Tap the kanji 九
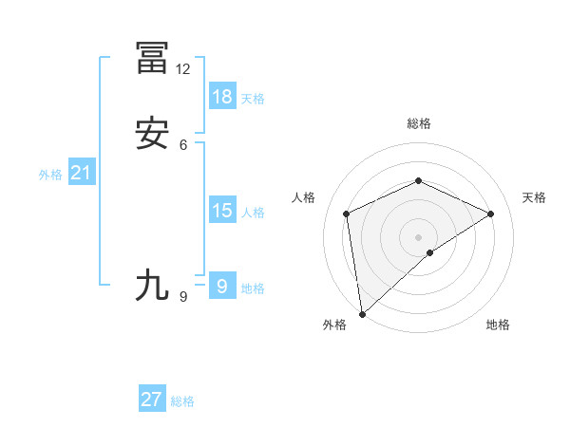tap(152, 285)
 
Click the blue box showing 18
tap(221, 96)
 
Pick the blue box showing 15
tap(221, 211)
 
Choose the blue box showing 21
tap(81, 173)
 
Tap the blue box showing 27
tap(152, 400)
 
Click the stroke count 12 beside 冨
tap(183, 69)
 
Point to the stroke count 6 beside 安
tap(183, 145)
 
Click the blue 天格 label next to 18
tap(253, 99)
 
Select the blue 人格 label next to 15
tap(253, 214)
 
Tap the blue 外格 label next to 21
tap(49, 176)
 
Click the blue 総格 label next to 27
tap(182, 402)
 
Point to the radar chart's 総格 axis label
tap(418, 123)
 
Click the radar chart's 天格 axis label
tap(534, 197)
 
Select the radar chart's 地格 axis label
tap(498, 325)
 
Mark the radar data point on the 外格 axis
tap(361, 314)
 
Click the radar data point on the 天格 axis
tap(491, 214)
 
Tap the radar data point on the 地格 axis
tap(430, 252)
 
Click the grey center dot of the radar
tap(418, 236)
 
